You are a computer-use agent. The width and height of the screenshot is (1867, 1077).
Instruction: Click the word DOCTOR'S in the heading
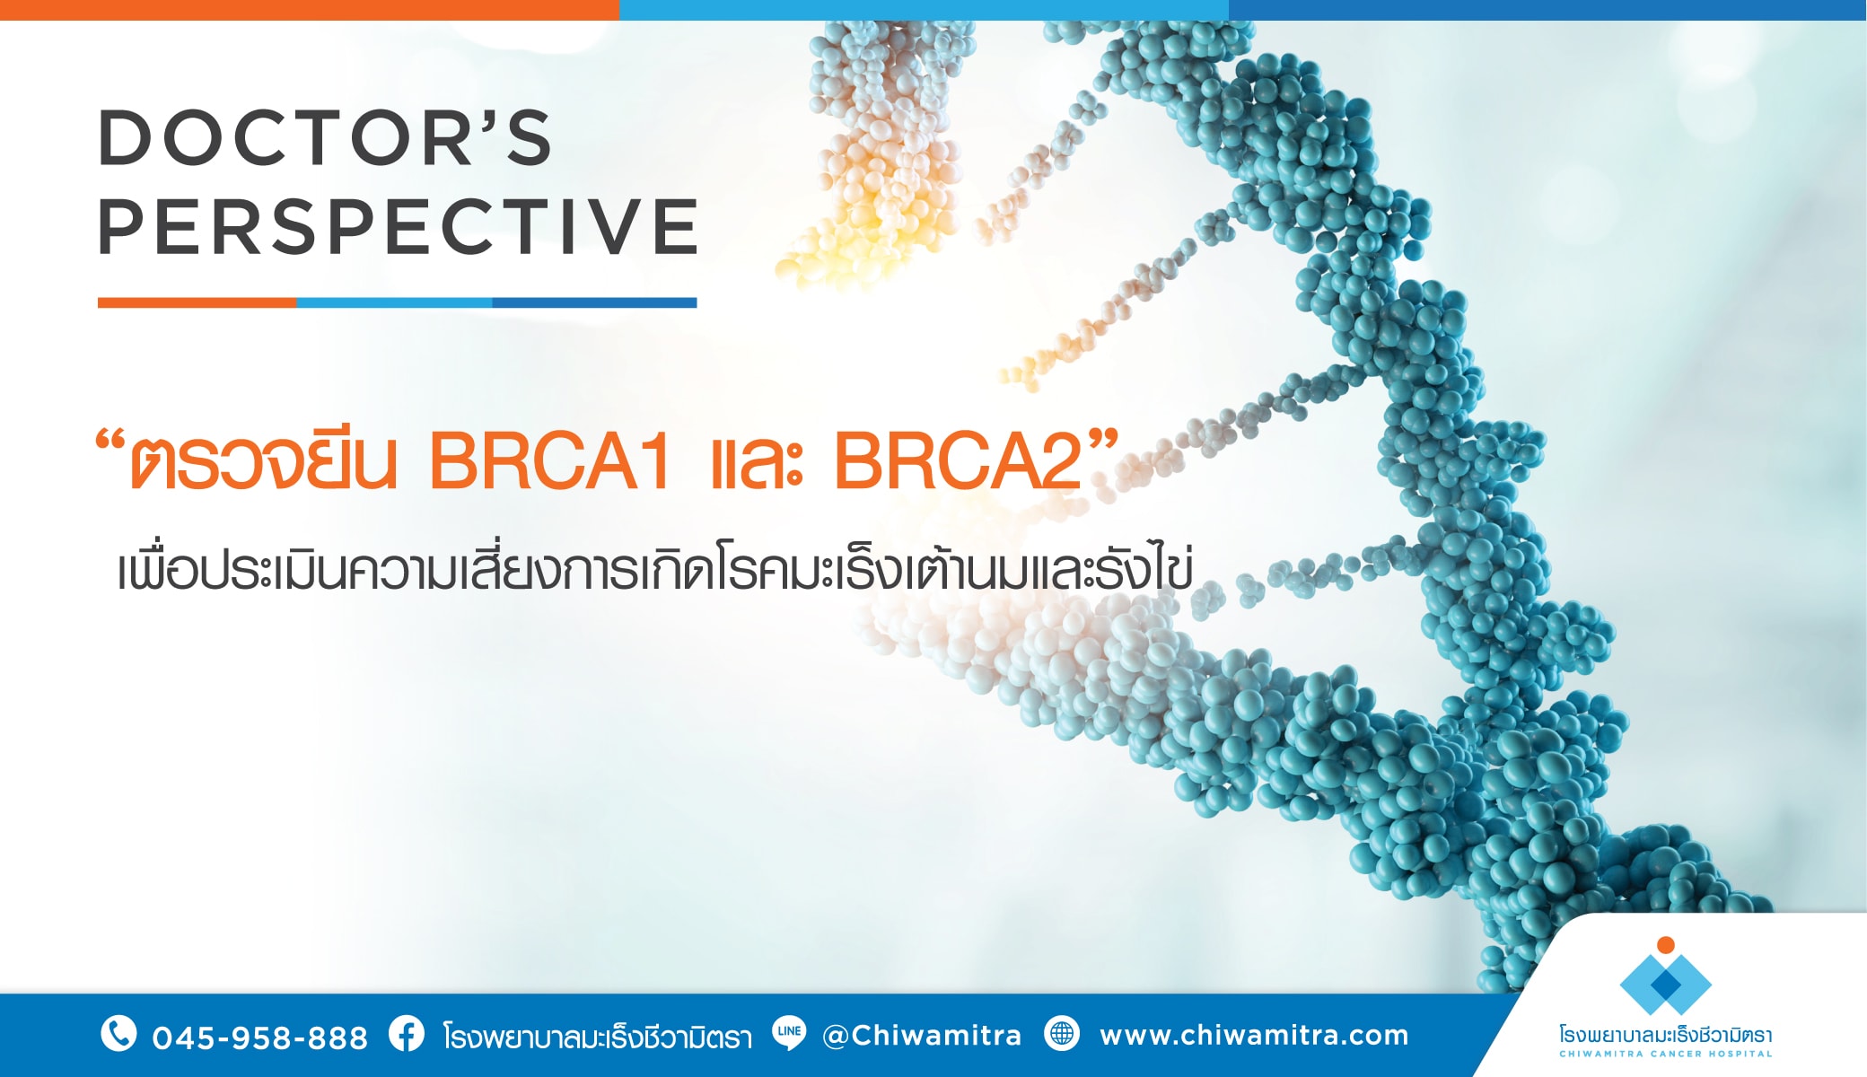pyautogui.click(x=325, y=138)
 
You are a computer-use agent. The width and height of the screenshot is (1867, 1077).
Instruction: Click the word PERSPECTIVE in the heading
pyautogui.click(x=398, y=226)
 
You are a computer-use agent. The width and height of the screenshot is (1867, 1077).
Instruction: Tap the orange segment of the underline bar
pyautogui.click(x=197, y=302)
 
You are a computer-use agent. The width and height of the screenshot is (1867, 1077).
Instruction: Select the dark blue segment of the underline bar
pyautogui.click(x=594, y=302)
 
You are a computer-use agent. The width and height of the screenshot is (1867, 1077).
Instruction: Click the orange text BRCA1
pyautogui.click(x=549, y=461)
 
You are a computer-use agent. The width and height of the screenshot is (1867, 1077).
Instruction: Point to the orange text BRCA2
pyautogui.click(x=957, y=461)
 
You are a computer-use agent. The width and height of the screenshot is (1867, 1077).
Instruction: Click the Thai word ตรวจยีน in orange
pyautogui.click(x=263, y=461)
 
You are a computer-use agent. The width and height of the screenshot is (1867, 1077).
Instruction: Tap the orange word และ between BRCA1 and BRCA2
pyautogui.click(x=756, y=465)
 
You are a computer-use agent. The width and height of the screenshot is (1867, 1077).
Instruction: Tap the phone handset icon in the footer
pyautogui.click(x=118, y=1034)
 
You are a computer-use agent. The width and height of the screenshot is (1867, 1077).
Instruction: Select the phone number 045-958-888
pyautogui.click(x=259, y=1038)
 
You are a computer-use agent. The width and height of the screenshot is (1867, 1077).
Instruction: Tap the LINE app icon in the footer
pyautogui.click(x=789, y=1033)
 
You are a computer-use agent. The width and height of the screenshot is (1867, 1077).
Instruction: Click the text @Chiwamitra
pyautogui.click(x=922, y=1036)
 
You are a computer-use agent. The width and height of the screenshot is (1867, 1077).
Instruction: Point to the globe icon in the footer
pyautogui.click(x=1062, y=1034)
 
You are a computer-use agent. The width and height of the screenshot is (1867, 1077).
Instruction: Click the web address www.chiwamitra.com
pyautogui.click(x=1254, y=1036)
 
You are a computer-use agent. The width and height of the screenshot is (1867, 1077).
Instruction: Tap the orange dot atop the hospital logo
pyautogui.click(x=1665, y=944)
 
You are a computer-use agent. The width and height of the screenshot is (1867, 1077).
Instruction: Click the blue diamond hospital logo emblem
pyautogui.click(x=1665, y=985)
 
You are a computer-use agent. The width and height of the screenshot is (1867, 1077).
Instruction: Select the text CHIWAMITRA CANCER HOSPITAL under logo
pyautogui.click(x=1665, y=1054)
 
